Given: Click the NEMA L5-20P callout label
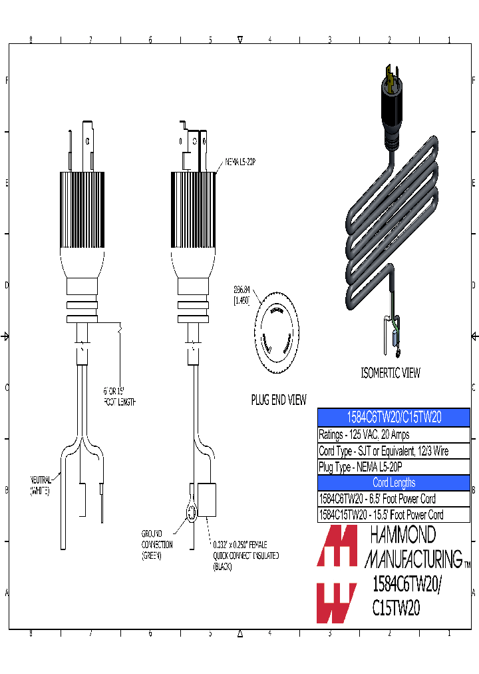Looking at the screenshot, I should pos(241,162).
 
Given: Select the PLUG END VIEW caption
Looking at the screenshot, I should pos(279,400).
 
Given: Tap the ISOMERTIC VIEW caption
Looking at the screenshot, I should pos(390,373).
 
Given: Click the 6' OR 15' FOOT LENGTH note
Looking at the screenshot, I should pos(119,398).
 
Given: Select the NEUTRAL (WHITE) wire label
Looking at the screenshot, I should pos(44,485).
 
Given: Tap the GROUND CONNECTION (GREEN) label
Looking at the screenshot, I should pos(156,544).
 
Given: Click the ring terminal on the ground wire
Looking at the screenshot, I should pos(191,512).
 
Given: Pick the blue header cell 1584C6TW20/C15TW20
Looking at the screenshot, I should pos(394,417).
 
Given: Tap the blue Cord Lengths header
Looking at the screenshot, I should pos(394,483).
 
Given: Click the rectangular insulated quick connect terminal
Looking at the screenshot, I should pos(207,500).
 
